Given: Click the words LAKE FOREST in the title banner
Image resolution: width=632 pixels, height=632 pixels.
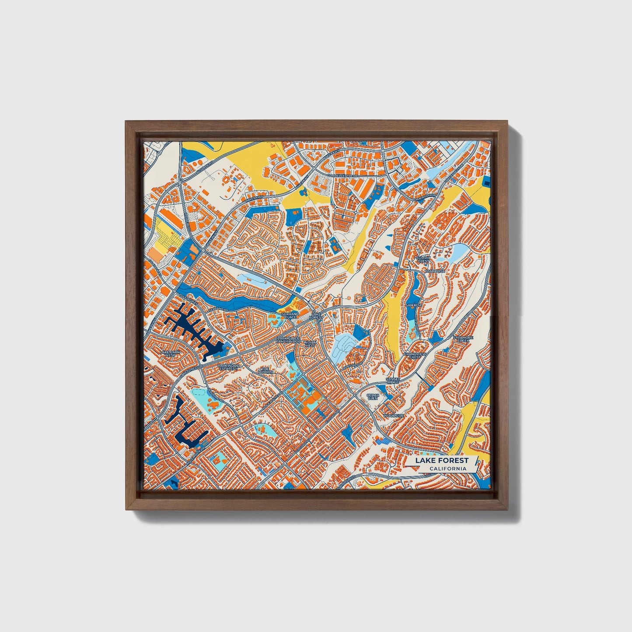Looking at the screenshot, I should pyautogui.click(x=441, y=460).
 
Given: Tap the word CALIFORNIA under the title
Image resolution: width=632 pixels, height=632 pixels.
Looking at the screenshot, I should pyautogui.click(x=447, y=469).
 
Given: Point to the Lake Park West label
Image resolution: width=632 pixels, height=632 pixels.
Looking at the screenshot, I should pyautogui.click(x=170, y=353).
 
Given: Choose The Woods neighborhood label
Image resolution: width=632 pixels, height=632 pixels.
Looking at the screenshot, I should pyautogui.click(x=265, y=370).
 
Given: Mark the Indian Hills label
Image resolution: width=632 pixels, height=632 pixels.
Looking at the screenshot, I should pyautogui.click(x=310, y=343).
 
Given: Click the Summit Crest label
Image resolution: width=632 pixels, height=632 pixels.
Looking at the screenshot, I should pyautogui.click(x=423, y=259).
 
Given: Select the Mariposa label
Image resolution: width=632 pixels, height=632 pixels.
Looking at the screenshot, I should pyautogui.click(x=435, y=271).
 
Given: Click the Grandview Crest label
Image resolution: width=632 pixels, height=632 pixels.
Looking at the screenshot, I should pyautogui.click(x=414, y=355).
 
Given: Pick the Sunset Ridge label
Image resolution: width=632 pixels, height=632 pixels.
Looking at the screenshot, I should pyautogui.click(x=392, y=381).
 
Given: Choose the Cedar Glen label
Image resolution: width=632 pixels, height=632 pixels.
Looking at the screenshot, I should pyautogui.click(x=373, y=397).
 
